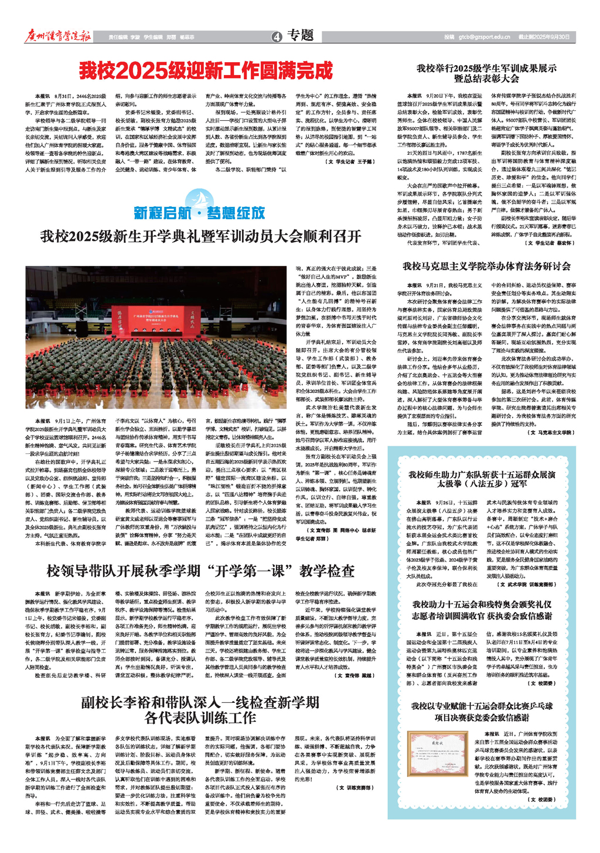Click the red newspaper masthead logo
58,36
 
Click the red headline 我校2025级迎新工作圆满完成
206,72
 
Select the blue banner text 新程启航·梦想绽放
199,213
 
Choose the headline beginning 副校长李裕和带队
200,709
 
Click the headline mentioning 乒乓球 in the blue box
482,712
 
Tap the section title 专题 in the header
301,36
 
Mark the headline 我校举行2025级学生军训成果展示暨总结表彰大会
486,73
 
